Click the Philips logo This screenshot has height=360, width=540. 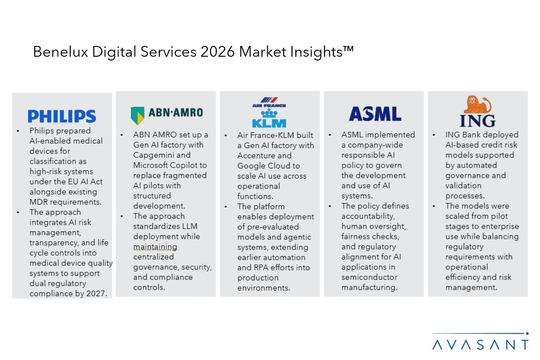click(x=61, y=116)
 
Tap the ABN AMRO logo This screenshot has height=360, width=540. click(x=166, y=113)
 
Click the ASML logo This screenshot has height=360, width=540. click(x=375, y=114)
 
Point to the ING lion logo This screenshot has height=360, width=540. click(x=477, y=112)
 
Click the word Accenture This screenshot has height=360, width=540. click(x=258, y=155)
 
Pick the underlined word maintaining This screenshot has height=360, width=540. click(x=155, y=247)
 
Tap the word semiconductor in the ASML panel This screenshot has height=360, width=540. click(x=369, y=277)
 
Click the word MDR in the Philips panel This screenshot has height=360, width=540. click(x=39, y=202)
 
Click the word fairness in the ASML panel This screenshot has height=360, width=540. click(x=357, y=236)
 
